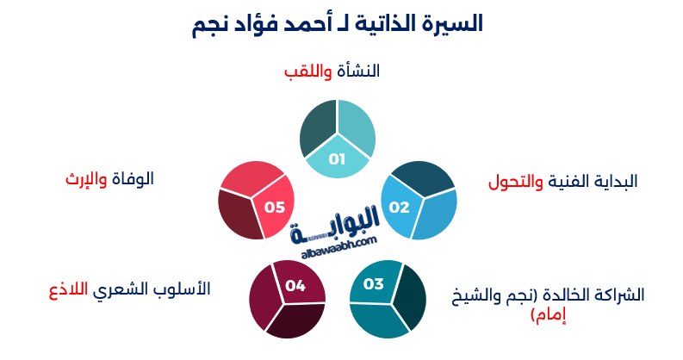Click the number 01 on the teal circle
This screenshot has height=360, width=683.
pyautogui.click(x=336, y=159)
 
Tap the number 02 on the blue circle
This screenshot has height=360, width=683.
pyautogui.click(x=399, y=208)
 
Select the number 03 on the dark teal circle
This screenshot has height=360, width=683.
pyautogui.click(x=373, y=285)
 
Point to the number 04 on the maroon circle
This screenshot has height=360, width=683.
pyautogui.click(x=295, y=286)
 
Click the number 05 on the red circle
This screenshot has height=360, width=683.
pyautogui.click(x=274, y=207)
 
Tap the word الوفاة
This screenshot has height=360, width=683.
pyautogui.click(x=133, y=179)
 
